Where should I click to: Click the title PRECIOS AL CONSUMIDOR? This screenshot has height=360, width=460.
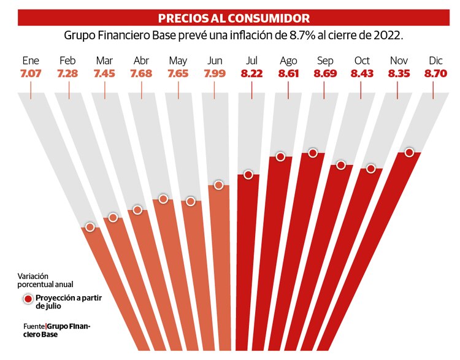point(234,18)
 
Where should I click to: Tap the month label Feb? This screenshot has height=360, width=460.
point(67,61)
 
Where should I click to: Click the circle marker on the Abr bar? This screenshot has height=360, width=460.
point(137,210)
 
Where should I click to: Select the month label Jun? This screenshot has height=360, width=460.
point(215,61)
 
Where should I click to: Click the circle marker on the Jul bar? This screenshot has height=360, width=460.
point(248,175)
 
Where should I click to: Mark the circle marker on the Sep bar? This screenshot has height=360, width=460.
point(312,153)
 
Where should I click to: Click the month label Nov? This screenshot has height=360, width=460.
point(398,61)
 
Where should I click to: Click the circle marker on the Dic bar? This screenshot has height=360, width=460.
point(409,152)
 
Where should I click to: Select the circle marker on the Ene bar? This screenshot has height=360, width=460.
point(90,227)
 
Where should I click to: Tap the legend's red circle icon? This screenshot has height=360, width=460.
point(28,299)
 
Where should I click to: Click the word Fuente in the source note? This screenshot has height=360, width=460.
point(34,326)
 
